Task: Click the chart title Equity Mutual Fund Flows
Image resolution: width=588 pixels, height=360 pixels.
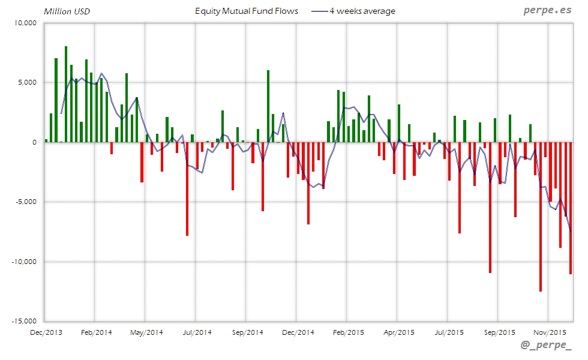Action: pos(247,11)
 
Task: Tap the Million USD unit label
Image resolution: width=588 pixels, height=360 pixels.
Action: pos(67,11)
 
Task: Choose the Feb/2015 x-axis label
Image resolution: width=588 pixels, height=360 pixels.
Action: pos(348,332)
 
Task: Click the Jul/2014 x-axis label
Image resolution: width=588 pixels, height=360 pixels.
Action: pos(196,332)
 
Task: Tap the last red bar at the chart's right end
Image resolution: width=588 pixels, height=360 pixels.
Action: pos(571,207)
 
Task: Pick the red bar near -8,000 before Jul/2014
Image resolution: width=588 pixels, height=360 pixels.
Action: pos(187,189)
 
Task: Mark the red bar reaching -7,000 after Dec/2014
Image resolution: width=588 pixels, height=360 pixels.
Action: pos(308,183)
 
